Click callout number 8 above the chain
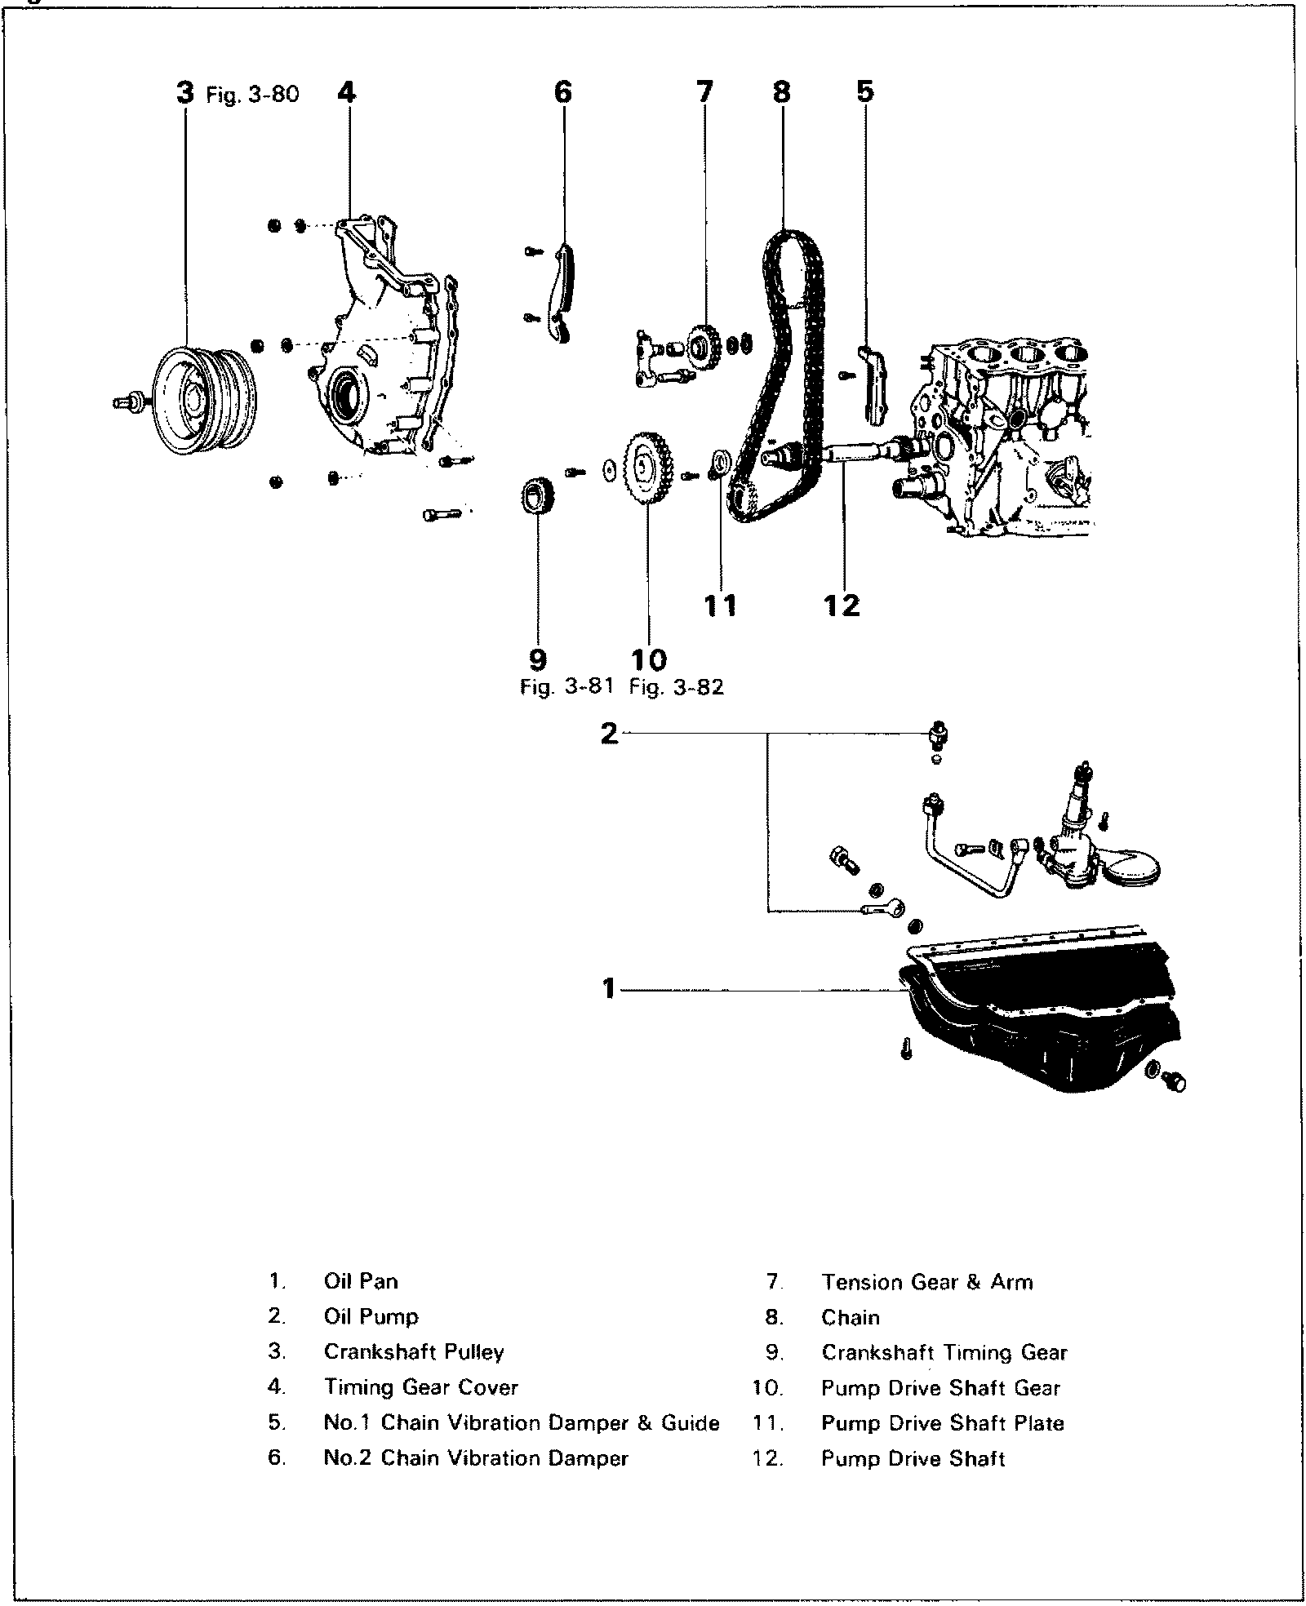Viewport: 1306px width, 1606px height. (x=781, y=92)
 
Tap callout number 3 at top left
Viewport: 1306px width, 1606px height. (x=185, y=93)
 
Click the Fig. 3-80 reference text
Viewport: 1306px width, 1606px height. (x=252, y=95)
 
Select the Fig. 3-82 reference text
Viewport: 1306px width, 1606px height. (x=677, y=687)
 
